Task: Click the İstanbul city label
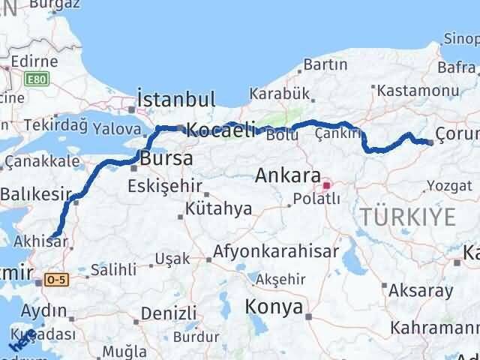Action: (176, 99)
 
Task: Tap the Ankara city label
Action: (289, 176)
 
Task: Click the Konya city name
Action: (274, 307)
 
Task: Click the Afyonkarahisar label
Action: (276, 251)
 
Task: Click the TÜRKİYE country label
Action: (408, 217)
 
